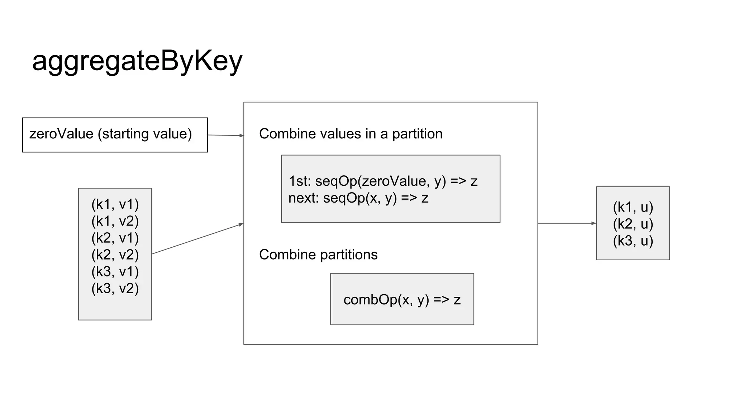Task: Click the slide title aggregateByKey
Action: [137, 61]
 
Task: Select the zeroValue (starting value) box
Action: [115, 135]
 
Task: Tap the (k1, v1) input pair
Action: [115, 204]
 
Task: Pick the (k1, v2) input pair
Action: [115, 221]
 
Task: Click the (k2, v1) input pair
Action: [115, 238]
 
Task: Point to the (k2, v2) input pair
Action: [115, 255]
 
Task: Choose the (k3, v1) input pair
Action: [115, 272]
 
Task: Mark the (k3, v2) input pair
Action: [115, 289]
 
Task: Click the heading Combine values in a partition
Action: [351, 134]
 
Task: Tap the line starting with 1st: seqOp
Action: [383, 181]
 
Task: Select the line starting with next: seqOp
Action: [358, 198]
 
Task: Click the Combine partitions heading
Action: [318, 255]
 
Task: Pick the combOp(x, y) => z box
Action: [402, 299]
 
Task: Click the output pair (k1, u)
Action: [633, 207]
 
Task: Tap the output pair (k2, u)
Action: [633, 224]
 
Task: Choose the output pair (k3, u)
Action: [633, 241]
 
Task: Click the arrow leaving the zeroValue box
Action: [225, 135]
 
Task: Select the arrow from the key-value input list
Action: [197, 239]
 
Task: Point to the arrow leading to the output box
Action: [567, 223]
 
